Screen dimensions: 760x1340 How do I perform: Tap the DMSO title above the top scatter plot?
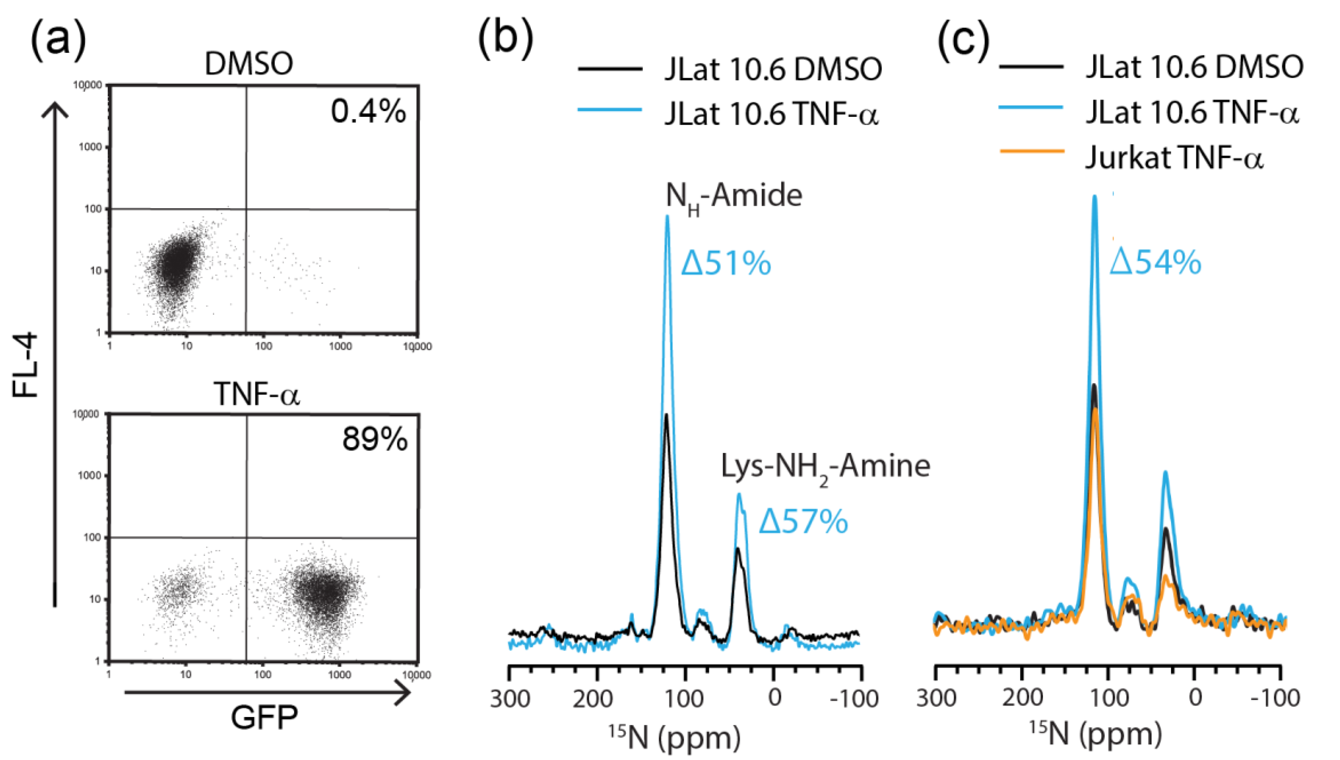[x=249, y=64]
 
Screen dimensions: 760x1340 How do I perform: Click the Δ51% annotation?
[x=726, y=263]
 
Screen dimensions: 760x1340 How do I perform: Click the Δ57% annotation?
[x=803, y=521]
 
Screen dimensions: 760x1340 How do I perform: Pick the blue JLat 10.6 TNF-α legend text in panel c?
[x=1192, y=112]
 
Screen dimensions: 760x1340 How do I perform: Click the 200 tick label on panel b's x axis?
[x=593, y=698]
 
